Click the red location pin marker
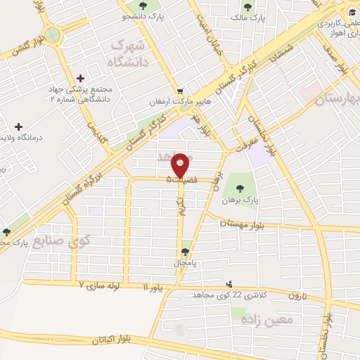pyautogui.click(x=180, y=166)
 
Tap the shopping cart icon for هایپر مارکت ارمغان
pyautogui.click(x=181, y=91)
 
